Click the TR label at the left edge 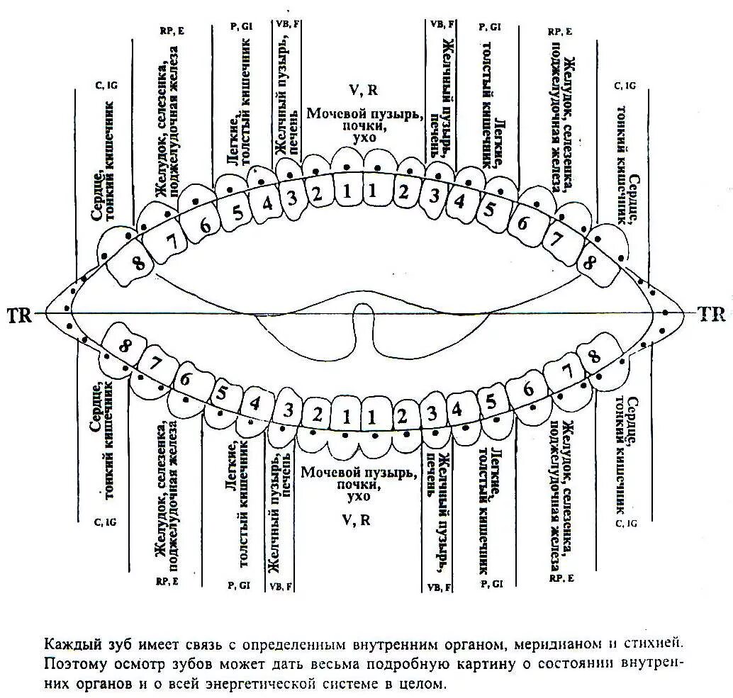tap(21, 314)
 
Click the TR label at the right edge tap(711, 314)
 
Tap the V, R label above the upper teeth tap(363, 90)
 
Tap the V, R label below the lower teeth tap(356, 519)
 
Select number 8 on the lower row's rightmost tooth tap(594, 356)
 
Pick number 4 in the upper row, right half tap(459, 201)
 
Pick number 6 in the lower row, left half tap(186, 378)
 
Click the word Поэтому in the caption tap(70, 665)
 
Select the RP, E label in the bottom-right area tap(561, 578)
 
